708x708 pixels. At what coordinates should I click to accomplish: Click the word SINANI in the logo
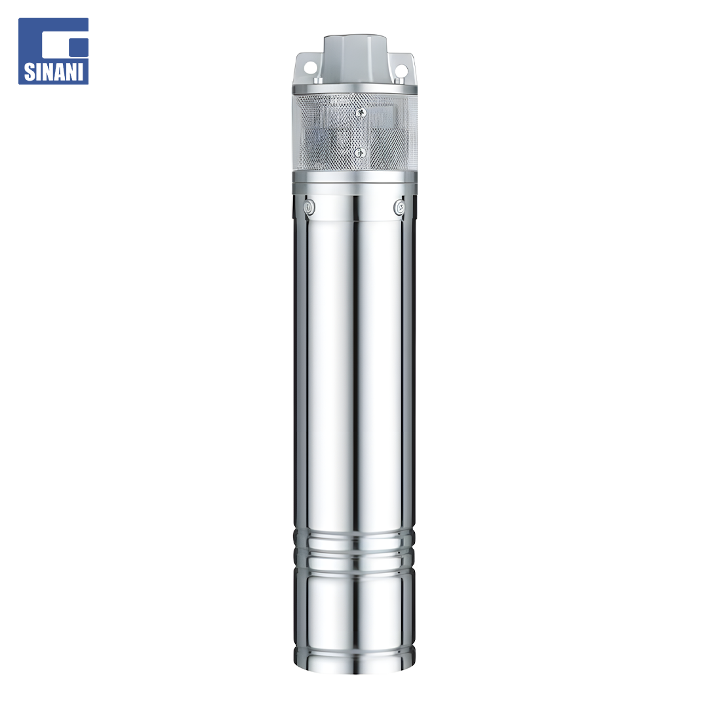click(x=53, y=71)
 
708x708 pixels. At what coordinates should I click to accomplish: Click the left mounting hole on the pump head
click(x=310, y=68)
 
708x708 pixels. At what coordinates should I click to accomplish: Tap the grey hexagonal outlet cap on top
click(x=355, y=59)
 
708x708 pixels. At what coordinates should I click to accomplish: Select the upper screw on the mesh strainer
click(x=361, y=113)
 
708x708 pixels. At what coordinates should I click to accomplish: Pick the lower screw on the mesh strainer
click(x=359, y=153)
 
